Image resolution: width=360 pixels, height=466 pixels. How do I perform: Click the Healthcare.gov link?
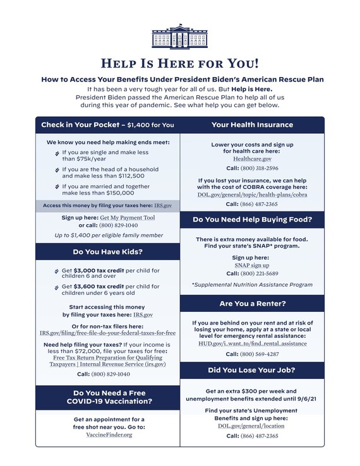click(x=252, y=159)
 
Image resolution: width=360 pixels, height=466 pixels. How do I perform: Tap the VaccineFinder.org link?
click(x=109, y=435)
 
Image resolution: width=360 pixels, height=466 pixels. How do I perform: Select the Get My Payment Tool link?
click(x=128, y=217)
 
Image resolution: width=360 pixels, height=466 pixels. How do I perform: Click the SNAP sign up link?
click(x=252, y=265)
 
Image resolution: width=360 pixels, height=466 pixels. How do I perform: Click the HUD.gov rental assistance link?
click(x=252, y=344)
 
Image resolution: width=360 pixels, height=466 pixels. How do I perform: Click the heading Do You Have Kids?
click(x=107, y=252)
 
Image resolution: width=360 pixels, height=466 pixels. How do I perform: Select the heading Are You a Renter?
click(x=252, y=304)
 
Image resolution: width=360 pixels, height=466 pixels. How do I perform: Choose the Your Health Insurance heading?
click(x=252, y=125)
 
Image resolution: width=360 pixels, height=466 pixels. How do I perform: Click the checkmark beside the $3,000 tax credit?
click(x=57, y=271)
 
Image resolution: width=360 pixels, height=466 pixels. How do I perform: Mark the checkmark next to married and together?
click(x=57, y=187)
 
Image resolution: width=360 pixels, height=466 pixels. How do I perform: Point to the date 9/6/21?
click(x=303, y=399)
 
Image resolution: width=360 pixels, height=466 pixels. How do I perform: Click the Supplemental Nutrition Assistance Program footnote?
click(x=252, y=285)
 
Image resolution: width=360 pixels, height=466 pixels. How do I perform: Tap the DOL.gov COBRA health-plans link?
click(x=252, y=194)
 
